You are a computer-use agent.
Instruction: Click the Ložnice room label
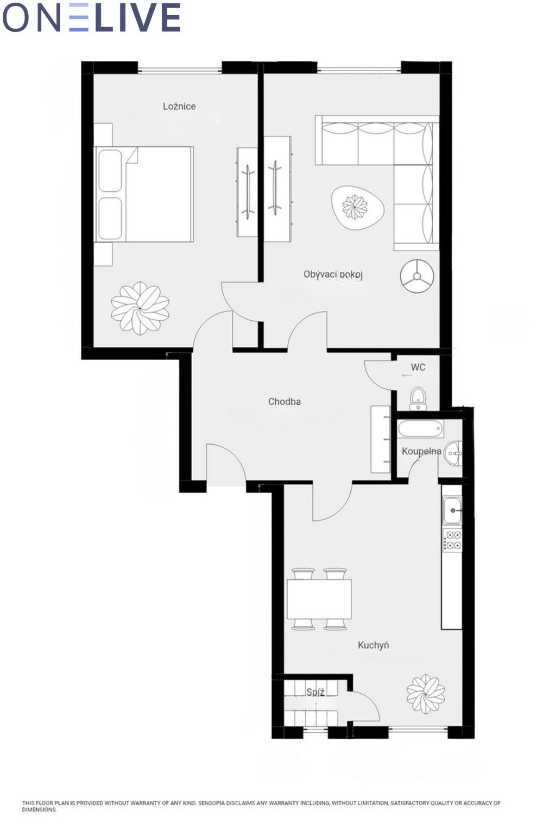pyautogui.click(x=179, y=106)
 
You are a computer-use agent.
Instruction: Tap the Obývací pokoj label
pyautogui.click(x=333, y=275)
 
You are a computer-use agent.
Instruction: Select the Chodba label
pyautogui.click(x=285, y=402)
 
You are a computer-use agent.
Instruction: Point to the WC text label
pyautogui.click(x=418, y=367)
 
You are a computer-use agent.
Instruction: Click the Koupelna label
pyautogui.click(x=421, y=451)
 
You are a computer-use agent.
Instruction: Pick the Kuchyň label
pyautogui.click(x=373, y=645)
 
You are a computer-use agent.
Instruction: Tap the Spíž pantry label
pyautogui.click(x=315, y=693)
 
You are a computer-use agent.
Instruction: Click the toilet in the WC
pyautogui.click(x=418, y=398)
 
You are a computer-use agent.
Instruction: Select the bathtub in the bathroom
pyautogui.click(x=420, y=429)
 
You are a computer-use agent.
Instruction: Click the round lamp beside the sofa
pyautogui.click(x=417, y=276)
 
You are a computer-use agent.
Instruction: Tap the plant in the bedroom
pyautogui.click(x=140, y=308)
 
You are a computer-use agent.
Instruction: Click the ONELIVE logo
pyautogui.click(x=92, y=17)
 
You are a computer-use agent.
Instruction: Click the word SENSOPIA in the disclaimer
pyautogui.click(x=212, y=803)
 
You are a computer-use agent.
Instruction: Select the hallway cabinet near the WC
pyautogui.click(x=380, y=439)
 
